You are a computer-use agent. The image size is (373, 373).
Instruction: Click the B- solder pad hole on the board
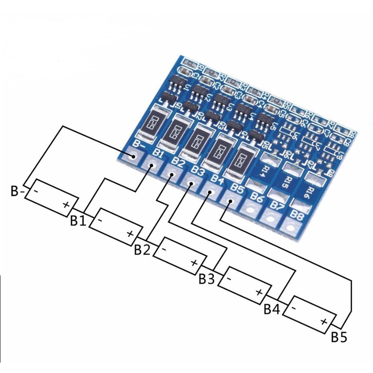[x=134, y=157]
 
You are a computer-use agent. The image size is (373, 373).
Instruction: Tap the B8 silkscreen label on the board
[x=297, y=215]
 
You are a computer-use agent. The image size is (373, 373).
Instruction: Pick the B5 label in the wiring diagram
[x=338, y=337]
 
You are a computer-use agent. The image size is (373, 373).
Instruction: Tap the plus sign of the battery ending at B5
[x=324, y=321]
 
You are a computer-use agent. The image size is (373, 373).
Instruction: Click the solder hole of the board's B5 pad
[x=230, y=202]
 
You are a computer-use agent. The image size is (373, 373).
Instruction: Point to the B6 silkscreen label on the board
[x=256, y=199]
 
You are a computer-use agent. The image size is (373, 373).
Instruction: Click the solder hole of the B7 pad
[x=270, y=218]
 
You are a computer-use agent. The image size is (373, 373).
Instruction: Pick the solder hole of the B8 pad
[x=290, y=227]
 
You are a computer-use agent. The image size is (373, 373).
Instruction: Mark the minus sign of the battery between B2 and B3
[x=164, y=249]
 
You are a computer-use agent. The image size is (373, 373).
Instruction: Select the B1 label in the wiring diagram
[x=77, y=220]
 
